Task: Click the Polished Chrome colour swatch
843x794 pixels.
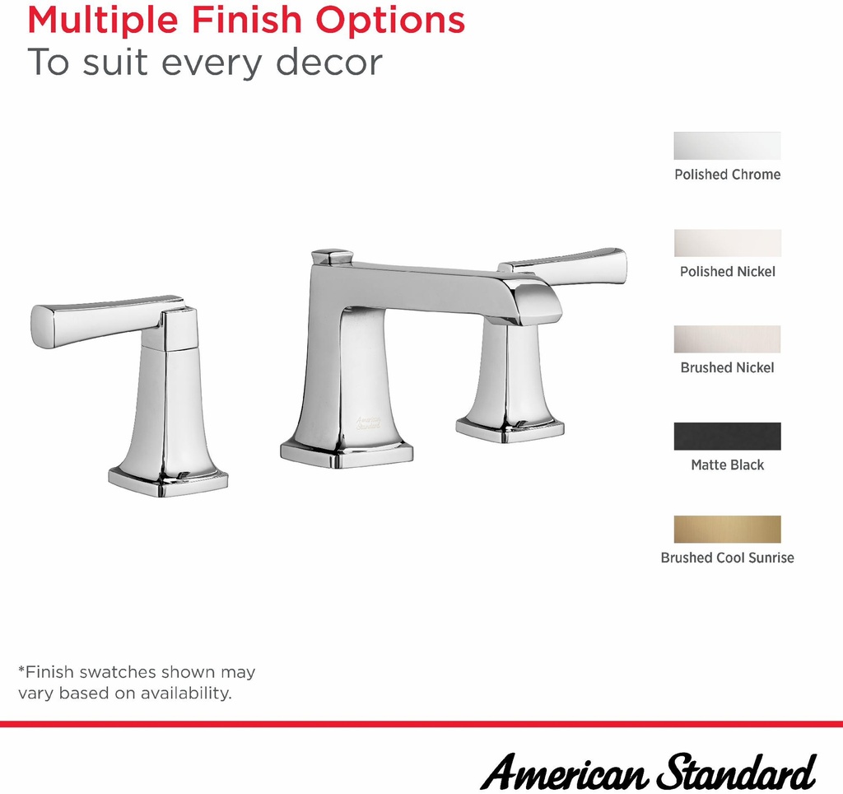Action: click(728, 146)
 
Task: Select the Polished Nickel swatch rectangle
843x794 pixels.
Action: click(728, 243)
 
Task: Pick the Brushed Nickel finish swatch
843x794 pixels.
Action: click(728, 339)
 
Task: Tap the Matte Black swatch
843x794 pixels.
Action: click(728, 437)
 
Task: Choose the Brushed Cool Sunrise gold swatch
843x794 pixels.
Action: click(728, 530)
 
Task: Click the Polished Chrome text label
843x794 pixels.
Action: click(728, 175)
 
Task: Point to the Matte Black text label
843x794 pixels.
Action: click(728, 465)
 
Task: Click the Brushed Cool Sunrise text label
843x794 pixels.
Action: click(728, 558)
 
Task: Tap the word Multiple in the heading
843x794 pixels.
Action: click(103, 21)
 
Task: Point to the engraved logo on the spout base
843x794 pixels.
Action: click(368, 423)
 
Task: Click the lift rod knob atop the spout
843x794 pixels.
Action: click(332, 257)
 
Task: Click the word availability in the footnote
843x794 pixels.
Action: click(186, 693)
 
